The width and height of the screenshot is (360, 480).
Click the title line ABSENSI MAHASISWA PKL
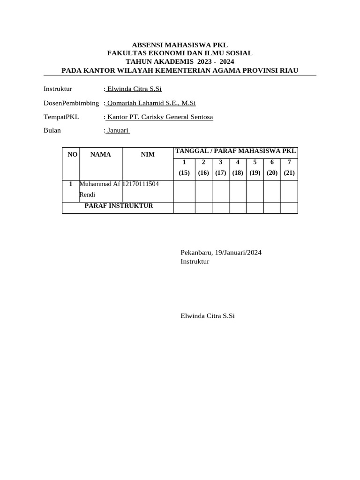pyautogui.click(x=180, y=45)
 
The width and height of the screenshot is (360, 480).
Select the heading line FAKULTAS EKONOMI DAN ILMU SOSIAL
pyautogui.click(x=180, y=53)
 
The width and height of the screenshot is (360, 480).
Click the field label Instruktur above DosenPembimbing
pyautogui.click(x=58, y=89)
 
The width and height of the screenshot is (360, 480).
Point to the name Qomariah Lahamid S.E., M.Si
pyautogui.click(x=151, y=103)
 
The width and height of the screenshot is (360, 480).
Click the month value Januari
pyautogui.click(x=118, y=130)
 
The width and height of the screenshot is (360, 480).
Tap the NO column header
pyautogui.click(x=73, y=154)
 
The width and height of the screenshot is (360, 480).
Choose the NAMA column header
pyautogui.click(x=101, y=154)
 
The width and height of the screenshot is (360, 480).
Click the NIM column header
pyautogui.click(x=148, y=154)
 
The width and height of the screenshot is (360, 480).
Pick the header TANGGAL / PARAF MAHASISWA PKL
pyautogui.click(x=235, y=150)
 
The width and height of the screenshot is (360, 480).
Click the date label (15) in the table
pyautogui.click(x=184, y=172)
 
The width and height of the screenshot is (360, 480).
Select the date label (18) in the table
pyautogui.click(x=238, y=172)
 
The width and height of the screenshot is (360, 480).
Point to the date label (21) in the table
pyautogui.click(x=289, y=172)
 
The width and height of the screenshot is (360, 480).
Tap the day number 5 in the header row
pyautogui.click(x=255, y=162)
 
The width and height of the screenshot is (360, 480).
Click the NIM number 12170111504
pyautogui.click(x=141, y=184)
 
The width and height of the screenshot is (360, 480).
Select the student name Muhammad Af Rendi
pyautogui.click(x=100, y=188)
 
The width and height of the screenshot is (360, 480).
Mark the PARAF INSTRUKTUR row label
pyautogui.click(x=119, y=206)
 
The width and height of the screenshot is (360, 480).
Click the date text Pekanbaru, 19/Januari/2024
pyautogui.click(x=221, y=253)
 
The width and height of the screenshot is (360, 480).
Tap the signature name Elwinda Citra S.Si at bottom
pyautogui.click(x=207, y=316)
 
